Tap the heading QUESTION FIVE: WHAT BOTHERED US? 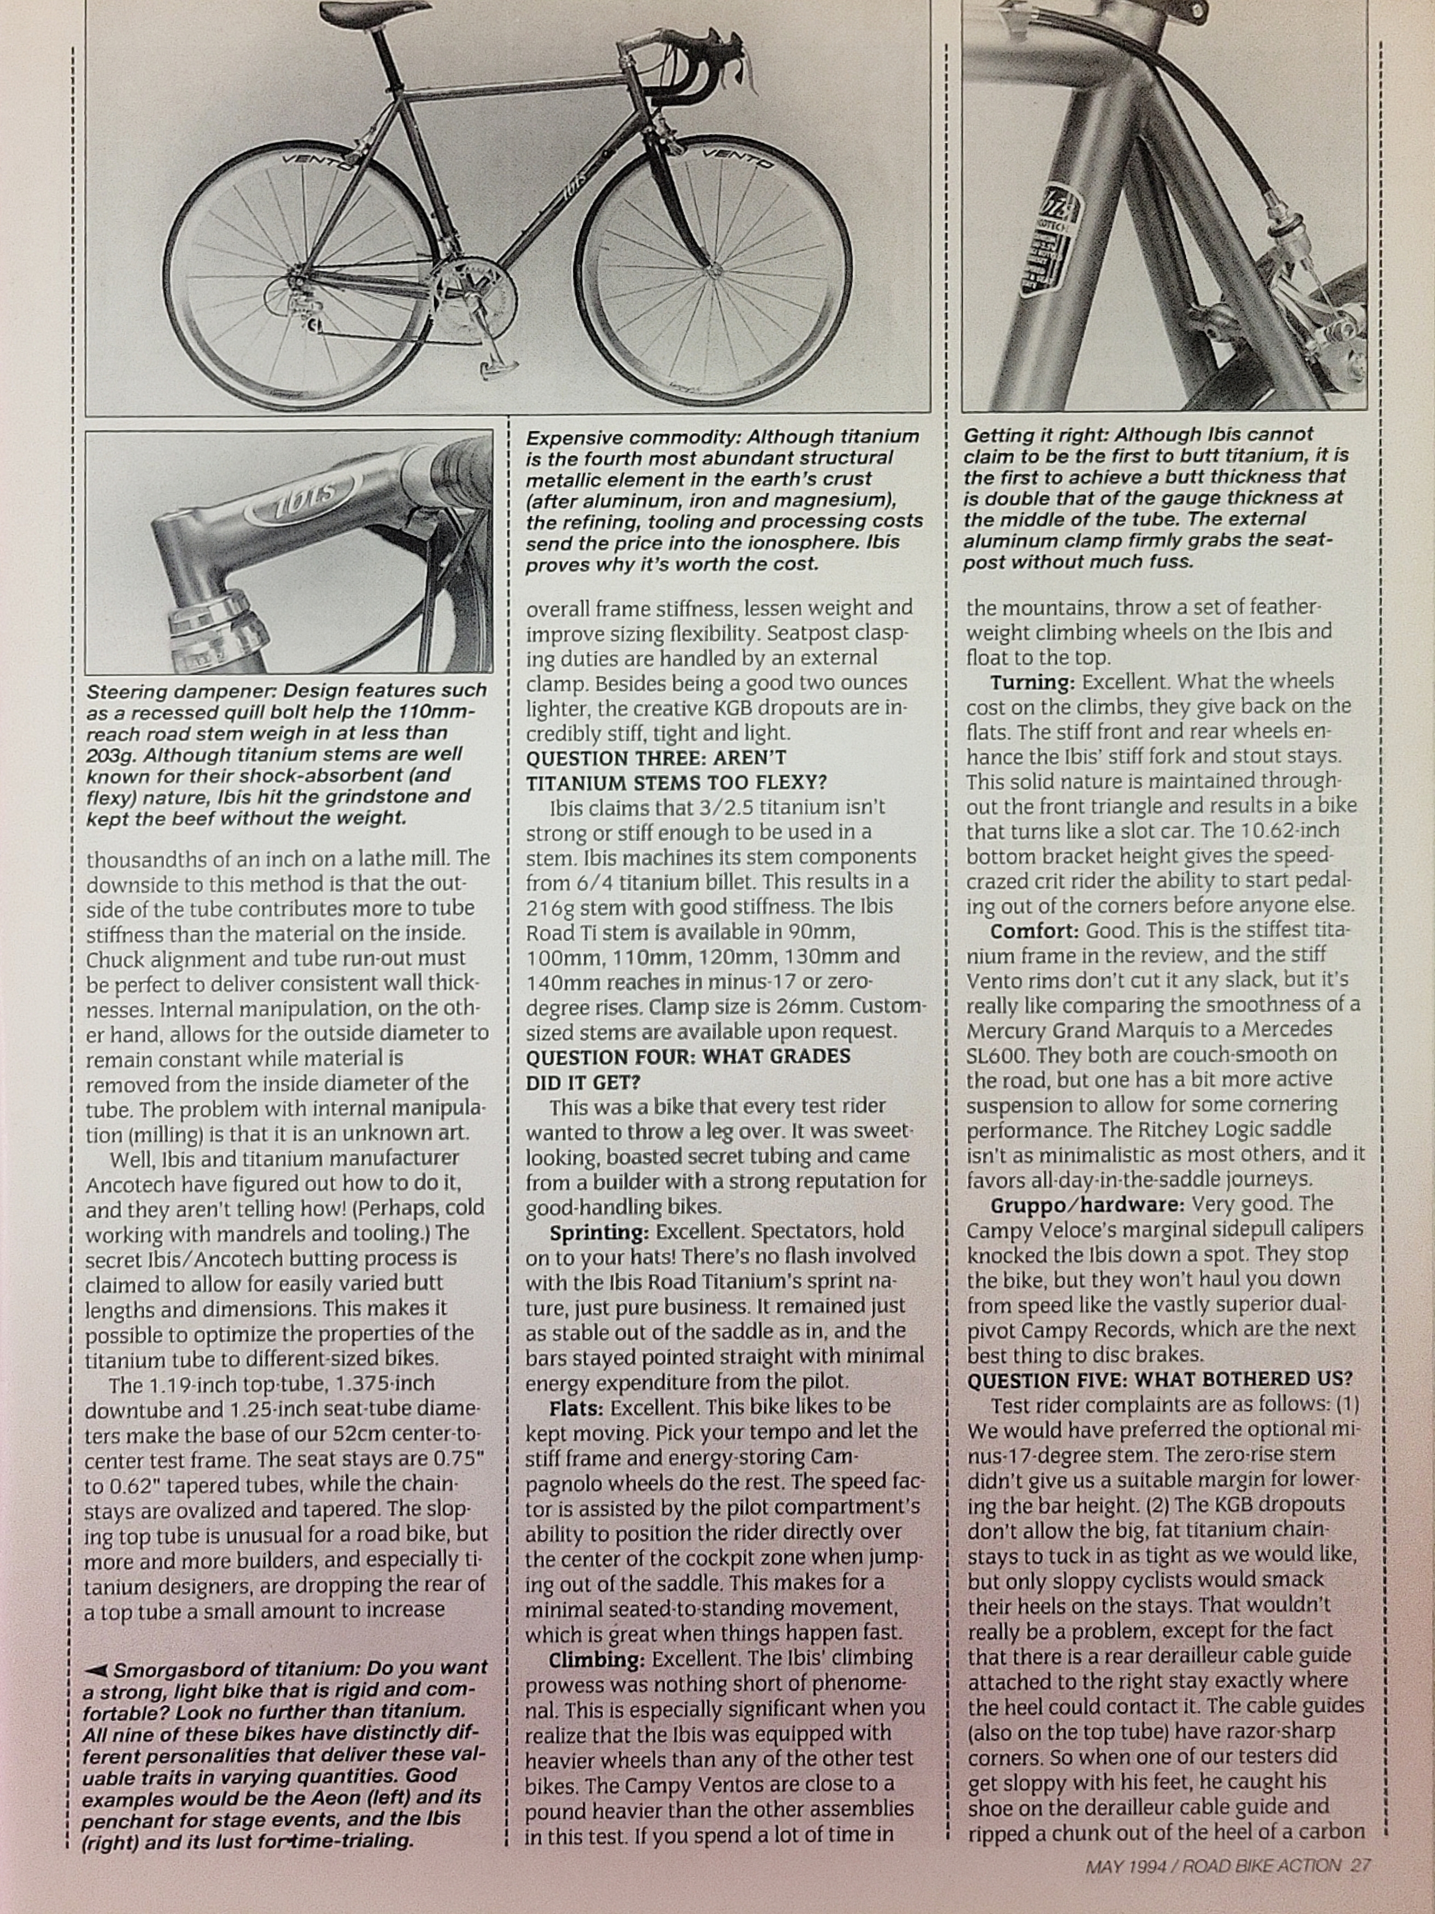[x=1159, y=1379]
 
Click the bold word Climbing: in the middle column [x=597, y=1659]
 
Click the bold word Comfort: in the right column [x=1034, y=931]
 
